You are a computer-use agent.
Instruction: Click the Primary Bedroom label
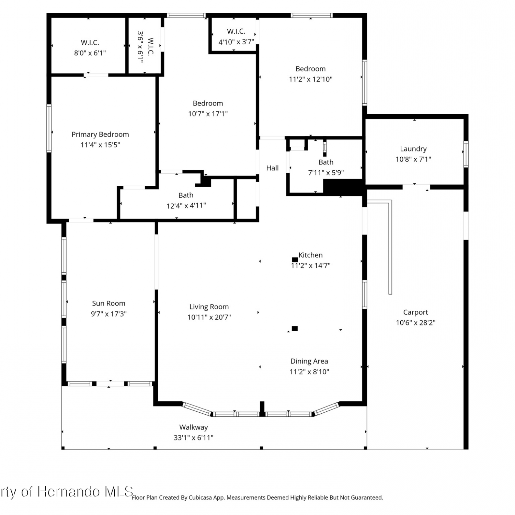coord(100,135)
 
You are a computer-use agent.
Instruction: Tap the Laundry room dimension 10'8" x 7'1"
coord(413,159)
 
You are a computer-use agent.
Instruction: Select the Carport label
coord(415,312)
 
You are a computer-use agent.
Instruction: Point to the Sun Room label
coord(108,303)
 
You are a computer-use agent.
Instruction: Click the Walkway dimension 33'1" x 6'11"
coord(194,438)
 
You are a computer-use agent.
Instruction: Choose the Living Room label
coord(209,307)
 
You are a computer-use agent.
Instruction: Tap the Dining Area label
coord(309,361)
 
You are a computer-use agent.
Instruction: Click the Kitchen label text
coord(311,255)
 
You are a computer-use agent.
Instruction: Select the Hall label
coord(273,168)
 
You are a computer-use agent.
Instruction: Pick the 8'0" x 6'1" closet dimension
coord(90,53)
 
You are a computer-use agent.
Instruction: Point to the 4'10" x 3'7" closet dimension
coord(237,42)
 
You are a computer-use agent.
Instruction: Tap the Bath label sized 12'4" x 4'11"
coord(186,195)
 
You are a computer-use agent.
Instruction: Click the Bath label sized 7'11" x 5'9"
coord(326,162)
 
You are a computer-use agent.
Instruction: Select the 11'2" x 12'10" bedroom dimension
coord(311,79)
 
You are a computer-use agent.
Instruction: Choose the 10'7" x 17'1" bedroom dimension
coord(208,114)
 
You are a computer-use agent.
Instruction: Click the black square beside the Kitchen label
coord(295,260)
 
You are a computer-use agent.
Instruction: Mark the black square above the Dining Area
coord(295,329)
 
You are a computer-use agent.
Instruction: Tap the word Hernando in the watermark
coord(69,492)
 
